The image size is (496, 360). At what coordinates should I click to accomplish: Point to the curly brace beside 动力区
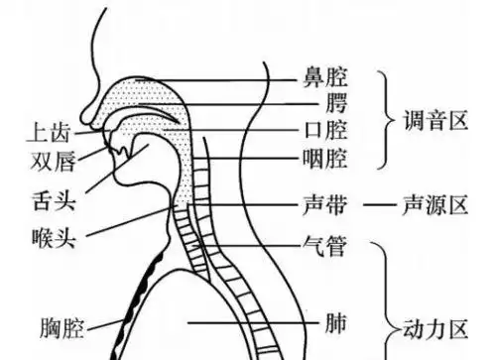tap(389, 298)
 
